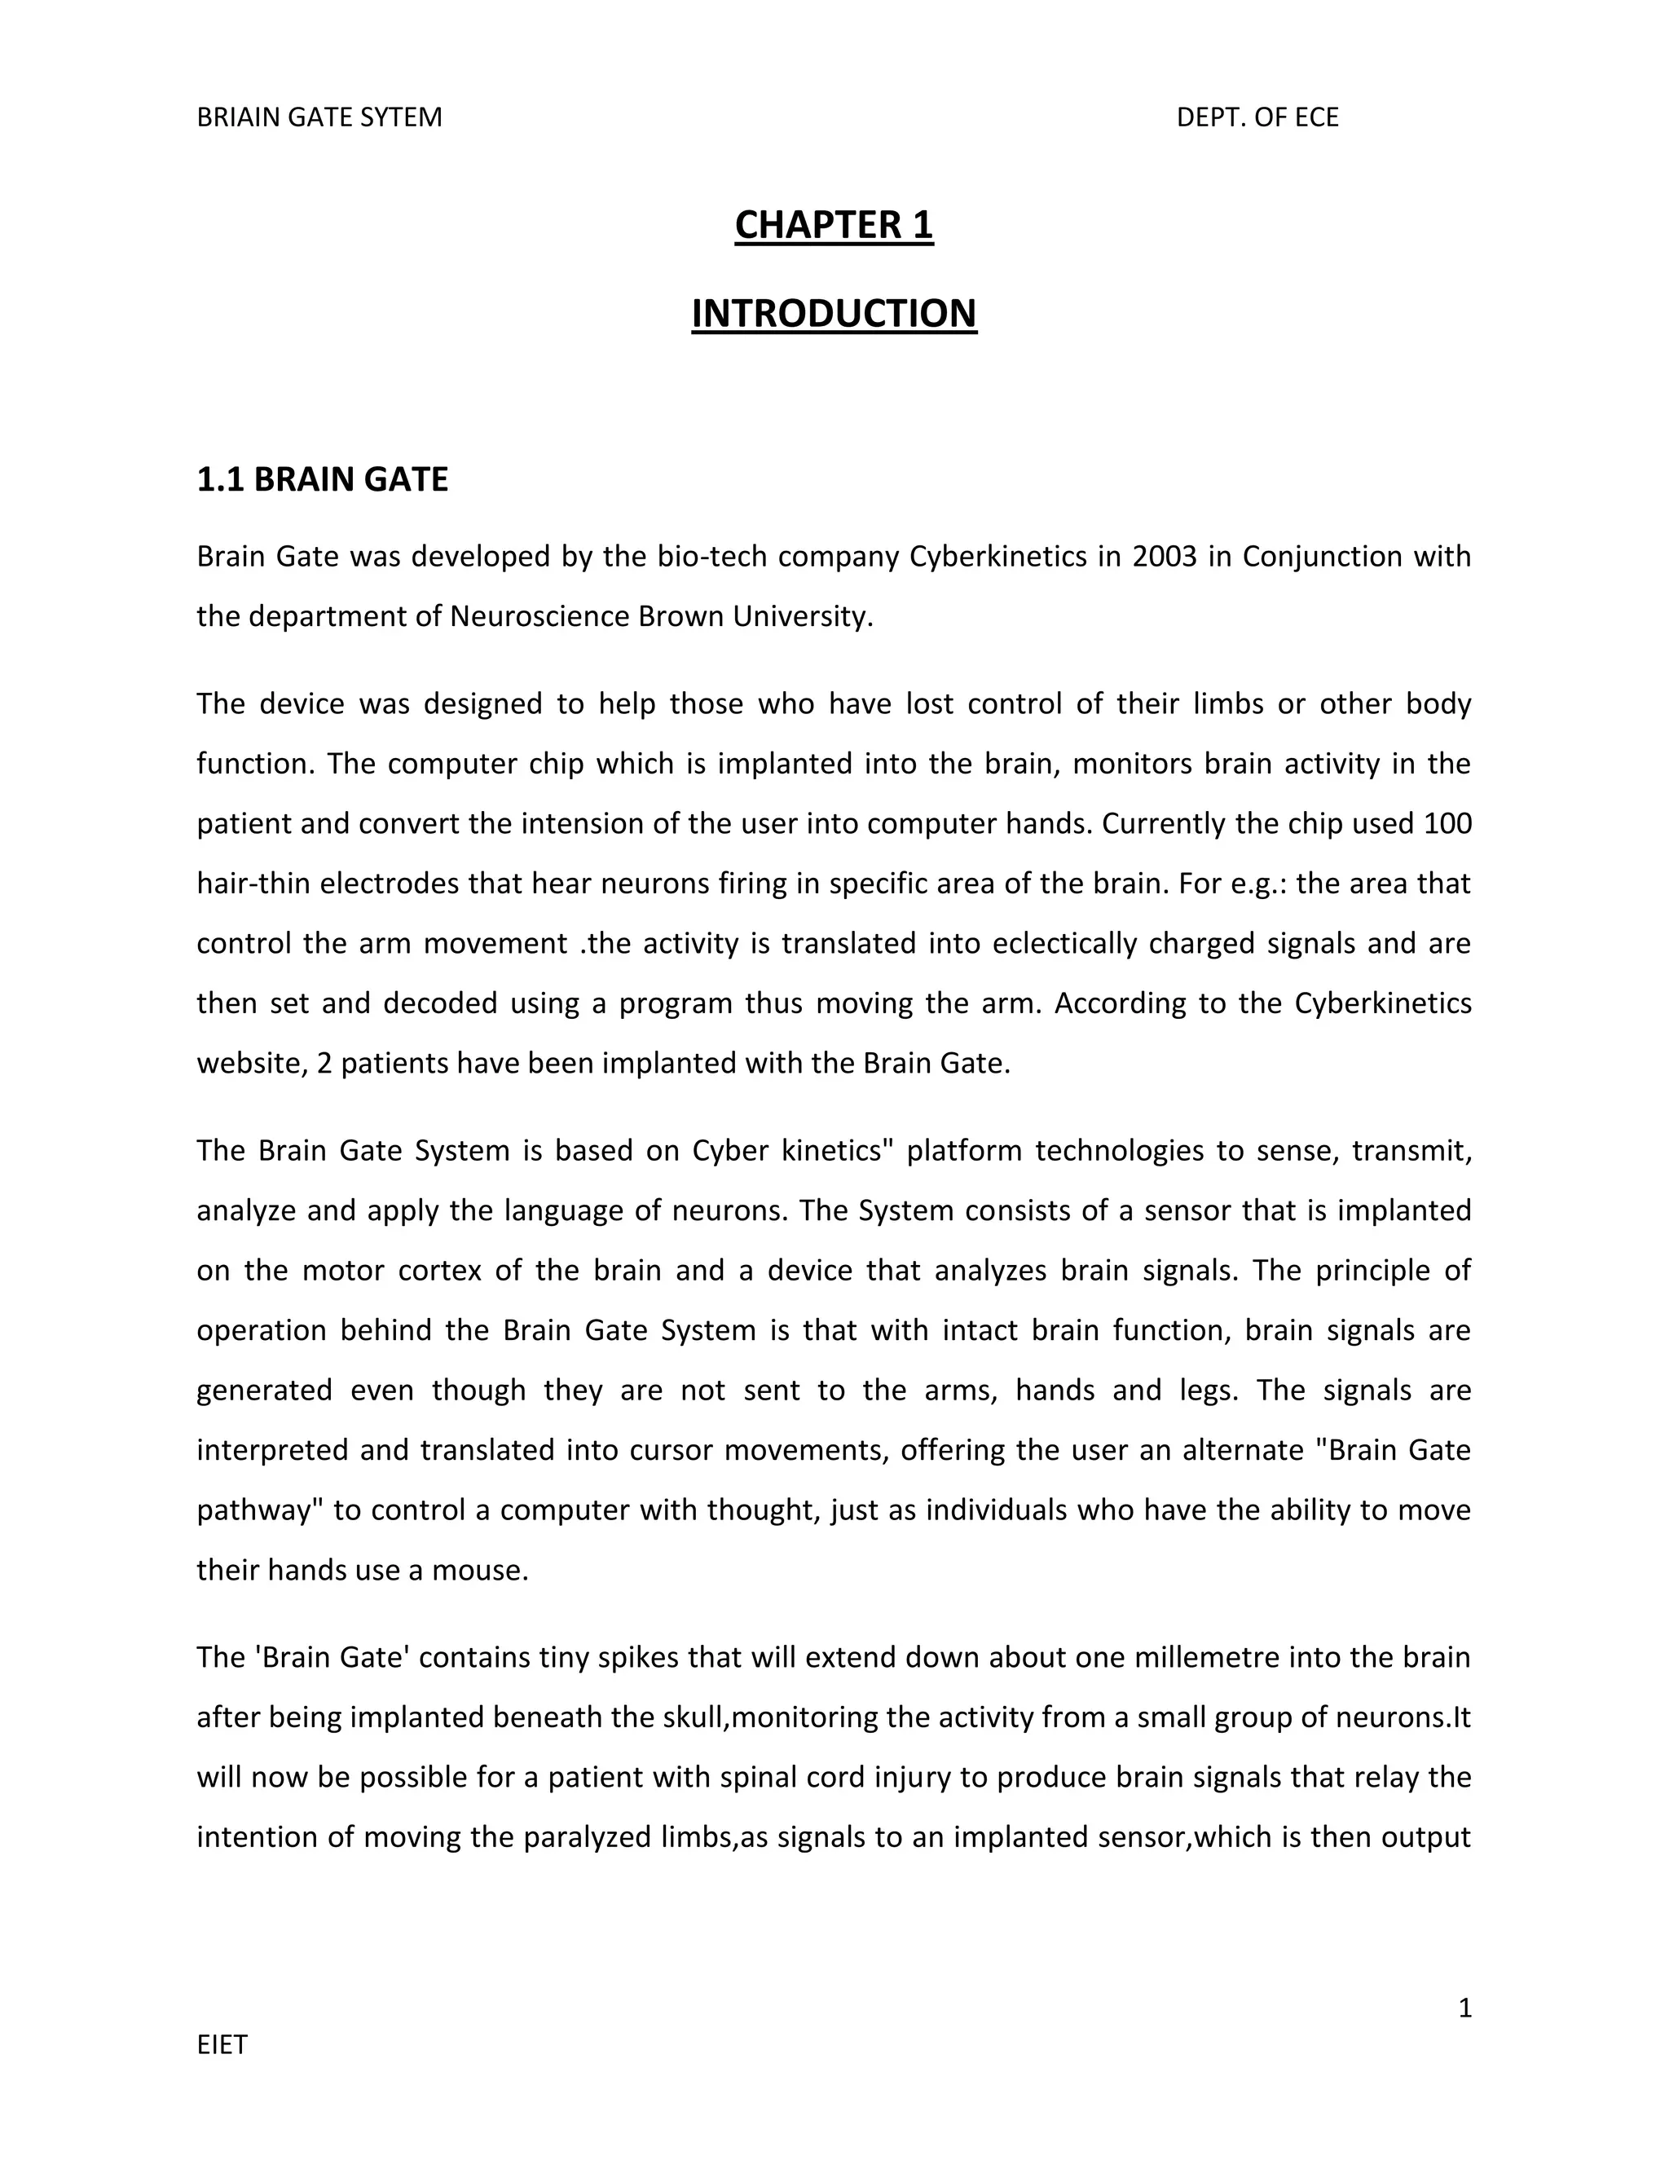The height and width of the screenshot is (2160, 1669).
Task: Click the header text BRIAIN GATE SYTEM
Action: [x=319, y=117]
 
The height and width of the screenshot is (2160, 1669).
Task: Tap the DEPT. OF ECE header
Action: [x=1257, y=117]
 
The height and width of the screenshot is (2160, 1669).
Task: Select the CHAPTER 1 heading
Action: [x=834, y=226]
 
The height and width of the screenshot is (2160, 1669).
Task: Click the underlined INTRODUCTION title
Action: [x=834, y=314]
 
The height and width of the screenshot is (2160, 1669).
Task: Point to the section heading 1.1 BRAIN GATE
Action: [x=323, y=479]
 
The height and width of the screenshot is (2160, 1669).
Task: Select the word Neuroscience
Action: [x=539, y=617]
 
